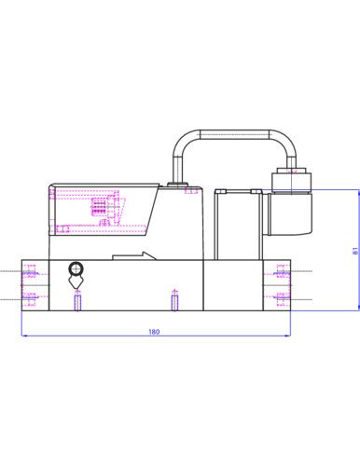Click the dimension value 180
pyautogui.click(x=154, y=332)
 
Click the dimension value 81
pyautogui.click(x=355, y=251)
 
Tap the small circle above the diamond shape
pyautogui.click(x=76, y=268)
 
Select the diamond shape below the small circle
pyautogui.click(x=76, y=281)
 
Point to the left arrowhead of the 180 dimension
pyautogui.click(x=23, y=336)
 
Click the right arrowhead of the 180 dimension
pyautogui.click(x=288, y=336)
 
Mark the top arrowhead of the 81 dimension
pyautogui.click(x=358, y=192)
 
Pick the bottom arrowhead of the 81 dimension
pyautogui.click(x=358, y=308)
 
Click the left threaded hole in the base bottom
pyautogui.click(x=77, y=301)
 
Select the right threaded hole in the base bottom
pyautogui.click(x=174, y=301)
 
